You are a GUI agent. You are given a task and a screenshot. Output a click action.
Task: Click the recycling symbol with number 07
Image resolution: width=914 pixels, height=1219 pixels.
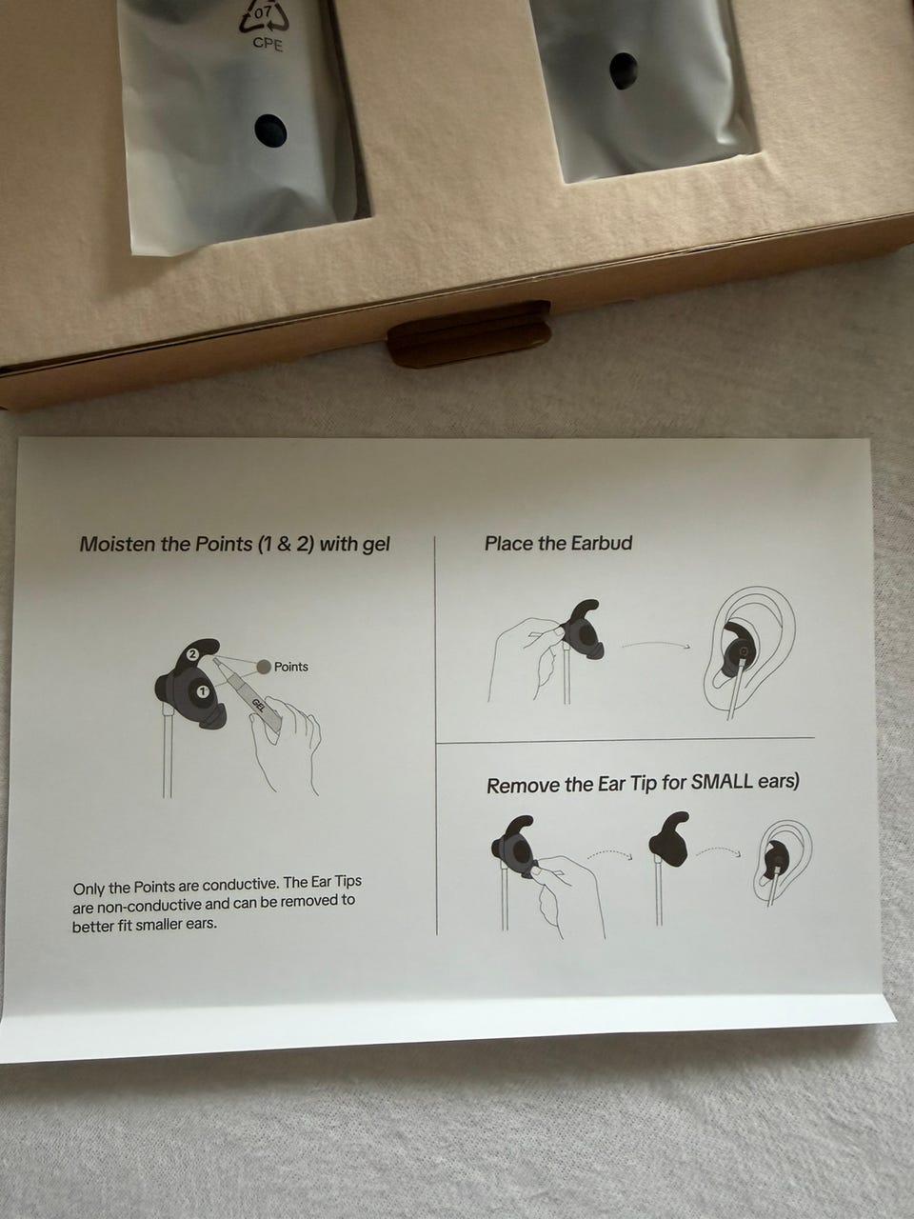click(x=264, y=15)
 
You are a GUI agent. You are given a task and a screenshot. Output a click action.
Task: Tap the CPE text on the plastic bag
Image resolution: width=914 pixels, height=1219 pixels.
click(x=268, y=44)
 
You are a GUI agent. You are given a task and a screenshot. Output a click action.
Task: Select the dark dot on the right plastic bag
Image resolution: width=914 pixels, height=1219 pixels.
click(x=624, y=70)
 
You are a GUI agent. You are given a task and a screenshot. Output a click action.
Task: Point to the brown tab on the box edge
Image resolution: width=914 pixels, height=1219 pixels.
click(x=470, y=332)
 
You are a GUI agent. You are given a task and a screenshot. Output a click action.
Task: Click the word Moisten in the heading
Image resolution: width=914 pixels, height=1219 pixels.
click(x=116, y=544)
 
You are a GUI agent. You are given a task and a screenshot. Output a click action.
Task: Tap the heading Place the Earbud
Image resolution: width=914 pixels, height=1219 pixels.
click(x=558, y=543)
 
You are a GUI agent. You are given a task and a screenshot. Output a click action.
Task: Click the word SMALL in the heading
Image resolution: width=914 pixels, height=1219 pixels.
click(x=725, y=782)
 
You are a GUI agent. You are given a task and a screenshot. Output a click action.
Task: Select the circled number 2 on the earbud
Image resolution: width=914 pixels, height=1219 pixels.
click(x=192, y=654)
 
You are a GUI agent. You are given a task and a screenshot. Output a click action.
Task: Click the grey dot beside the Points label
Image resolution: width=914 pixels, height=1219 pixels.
click(x=264, y=667)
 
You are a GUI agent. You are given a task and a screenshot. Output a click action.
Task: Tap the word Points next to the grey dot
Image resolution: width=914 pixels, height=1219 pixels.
click(x=290, y=667)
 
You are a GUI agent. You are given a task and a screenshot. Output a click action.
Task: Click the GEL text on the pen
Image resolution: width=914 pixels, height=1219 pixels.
click(x=259, y=705)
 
